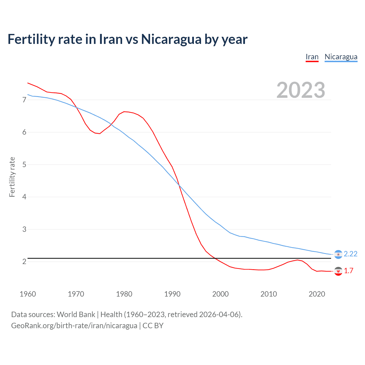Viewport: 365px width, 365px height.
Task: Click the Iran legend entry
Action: pyautogui.click(x=312, y=57)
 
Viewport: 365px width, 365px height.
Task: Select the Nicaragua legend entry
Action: pyautogui.click(x=341, y=57)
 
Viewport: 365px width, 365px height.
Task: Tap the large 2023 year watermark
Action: pyautogui.click(x=301, y=90)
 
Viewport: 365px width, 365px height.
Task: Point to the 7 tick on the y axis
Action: pyautogui.click(x=24, y=100)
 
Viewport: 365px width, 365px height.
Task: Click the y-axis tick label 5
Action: pyautogui.click(x=24, y=165)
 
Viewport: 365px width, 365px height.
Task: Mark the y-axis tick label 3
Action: pyautogui.click(x=24, y=229)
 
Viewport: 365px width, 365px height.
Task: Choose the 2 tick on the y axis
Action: pyautogui.click(x=24, y=261)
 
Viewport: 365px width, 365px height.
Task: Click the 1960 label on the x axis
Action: pyautogui.click(x=28, y=294)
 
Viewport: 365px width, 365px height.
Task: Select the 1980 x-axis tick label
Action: pyautogui.click(x=124, y=294)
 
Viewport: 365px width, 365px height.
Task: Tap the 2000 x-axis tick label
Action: pyautogui.click(x=220, y=294)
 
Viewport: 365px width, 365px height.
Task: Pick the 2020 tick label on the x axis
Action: pyautogui.click(x=317, y=294)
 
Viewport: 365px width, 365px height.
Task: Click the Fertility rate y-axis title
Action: pyautogui.click(x=12, y=177)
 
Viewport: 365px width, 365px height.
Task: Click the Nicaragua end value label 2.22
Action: pyautogui.click(x=350, y=254)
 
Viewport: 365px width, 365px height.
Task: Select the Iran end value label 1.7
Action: pyautogui.click(x=348, y=271)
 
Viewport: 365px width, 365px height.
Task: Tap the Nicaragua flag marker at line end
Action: pyautogui.click(x=338, y=254)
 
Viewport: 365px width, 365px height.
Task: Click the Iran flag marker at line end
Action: pyautogui.click(x=338, y=271)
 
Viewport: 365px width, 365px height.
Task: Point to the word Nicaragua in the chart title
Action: pyautogui.click(x=171, y=39)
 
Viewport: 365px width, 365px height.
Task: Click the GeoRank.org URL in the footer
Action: pyautogui.click(x=74, y=325)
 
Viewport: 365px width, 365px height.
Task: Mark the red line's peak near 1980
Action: pyautogui.click(x=124, y=111)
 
